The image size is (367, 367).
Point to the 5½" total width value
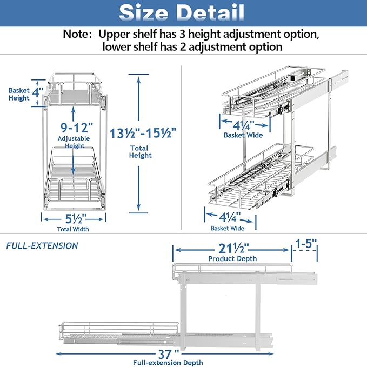(74, 218)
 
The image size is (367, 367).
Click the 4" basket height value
(37, 92)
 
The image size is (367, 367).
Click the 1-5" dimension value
(306, 244)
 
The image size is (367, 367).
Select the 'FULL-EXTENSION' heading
(42, 246)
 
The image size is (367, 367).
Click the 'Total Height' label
(141, 151)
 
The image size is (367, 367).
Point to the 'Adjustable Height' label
(75, 142)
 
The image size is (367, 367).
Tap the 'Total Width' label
(73, 229)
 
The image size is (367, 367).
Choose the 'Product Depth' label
(232, 259)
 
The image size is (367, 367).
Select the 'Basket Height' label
(18, 95)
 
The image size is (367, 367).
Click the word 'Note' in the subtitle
(78, 34)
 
